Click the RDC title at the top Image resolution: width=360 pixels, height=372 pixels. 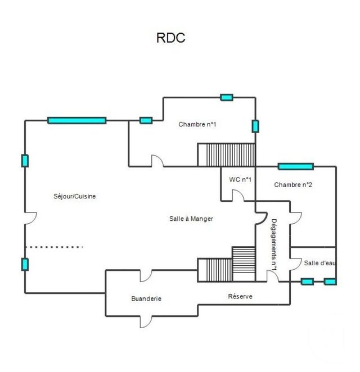coord(170,38)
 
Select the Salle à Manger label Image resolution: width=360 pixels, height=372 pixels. coord(191,219)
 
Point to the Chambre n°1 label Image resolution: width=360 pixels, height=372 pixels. coord(197,124)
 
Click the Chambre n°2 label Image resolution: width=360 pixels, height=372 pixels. coord(293,184)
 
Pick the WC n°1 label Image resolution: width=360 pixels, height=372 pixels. coord(240,180)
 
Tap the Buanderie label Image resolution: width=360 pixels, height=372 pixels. coord(146,299)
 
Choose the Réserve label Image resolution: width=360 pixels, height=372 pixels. coord(240,296)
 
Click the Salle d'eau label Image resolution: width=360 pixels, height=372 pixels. coord(319,263)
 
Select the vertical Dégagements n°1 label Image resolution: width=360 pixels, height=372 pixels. coord(274,246)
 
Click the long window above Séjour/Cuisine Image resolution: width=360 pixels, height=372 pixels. coord(77,120)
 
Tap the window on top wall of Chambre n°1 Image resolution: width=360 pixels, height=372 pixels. coord(227,97)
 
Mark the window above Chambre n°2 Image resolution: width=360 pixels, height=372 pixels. coord(296,166)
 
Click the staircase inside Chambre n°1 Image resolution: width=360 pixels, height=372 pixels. coord(226,154)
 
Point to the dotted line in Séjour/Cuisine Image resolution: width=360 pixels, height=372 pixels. coord(54,247)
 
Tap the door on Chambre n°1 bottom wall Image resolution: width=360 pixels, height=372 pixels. coord(157,161)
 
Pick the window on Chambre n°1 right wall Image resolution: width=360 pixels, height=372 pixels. coord(255,126)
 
